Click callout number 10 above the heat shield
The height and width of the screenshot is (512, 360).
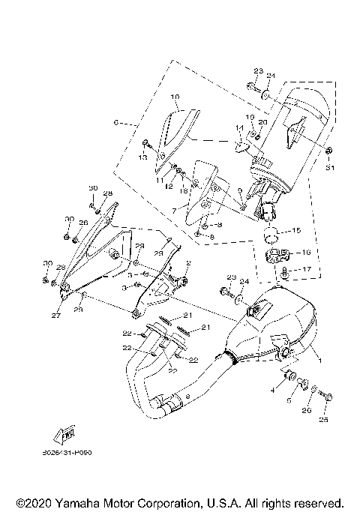point(174,97)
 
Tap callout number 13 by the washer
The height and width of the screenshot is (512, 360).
point(142,157)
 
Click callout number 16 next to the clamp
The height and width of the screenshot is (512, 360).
point(307,253)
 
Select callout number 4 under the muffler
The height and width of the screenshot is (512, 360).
point(273,391)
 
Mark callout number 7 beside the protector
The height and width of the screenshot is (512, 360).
point(173,211)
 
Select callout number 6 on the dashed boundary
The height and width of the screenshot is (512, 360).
point(115,121)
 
